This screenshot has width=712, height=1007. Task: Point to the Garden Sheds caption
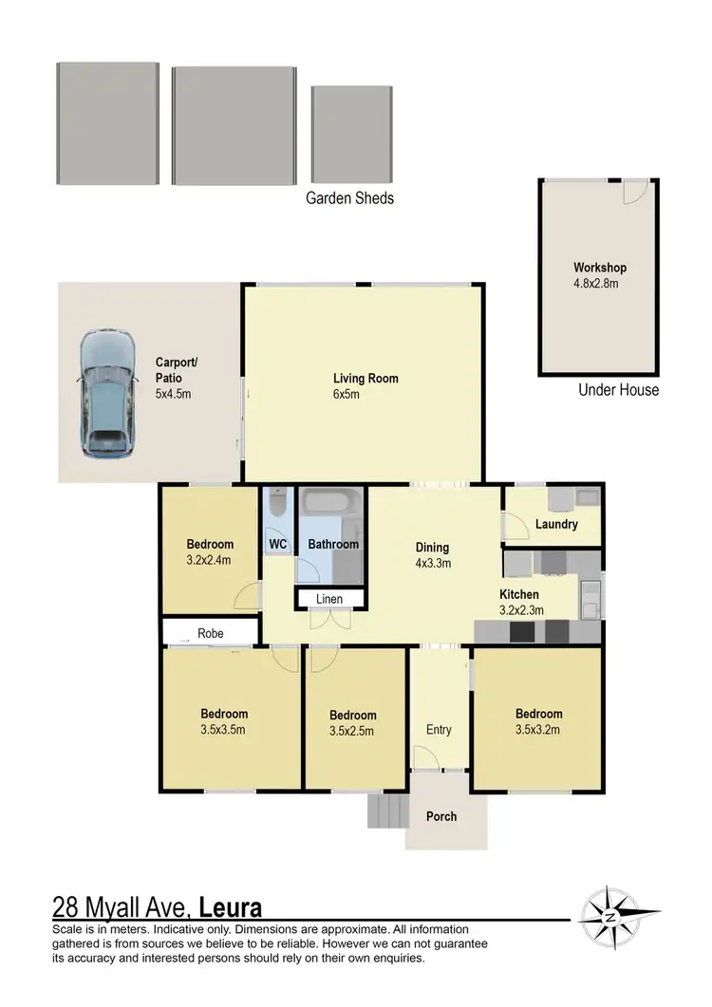[x=349, y=198]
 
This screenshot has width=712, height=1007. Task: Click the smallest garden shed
[x=352, y=134]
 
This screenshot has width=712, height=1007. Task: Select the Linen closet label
[x=329, y=599]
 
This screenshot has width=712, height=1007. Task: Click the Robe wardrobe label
[x=211, y=632]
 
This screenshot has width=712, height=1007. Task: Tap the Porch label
[x=441, y=816]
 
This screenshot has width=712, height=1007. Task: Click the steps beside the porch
[x=385, y=811]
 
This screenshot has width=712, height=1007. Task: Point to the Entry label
[x=439, y=730]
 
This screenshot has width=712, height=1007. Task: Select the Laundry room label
[x=556, y=524]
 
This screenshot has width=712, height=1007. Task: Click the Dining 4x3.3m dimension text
[x=433, y=563]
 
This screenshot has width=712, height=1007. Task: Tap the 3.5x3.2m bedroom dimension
[x=539, y=730]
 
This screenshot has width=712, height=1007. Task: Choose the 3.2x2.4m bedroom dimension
[x=210, y=560]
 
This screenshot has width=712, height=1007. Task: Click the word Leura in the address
[x=231, y=906]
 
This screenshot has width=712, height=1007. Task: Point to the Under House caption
[x=618, y=390]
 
